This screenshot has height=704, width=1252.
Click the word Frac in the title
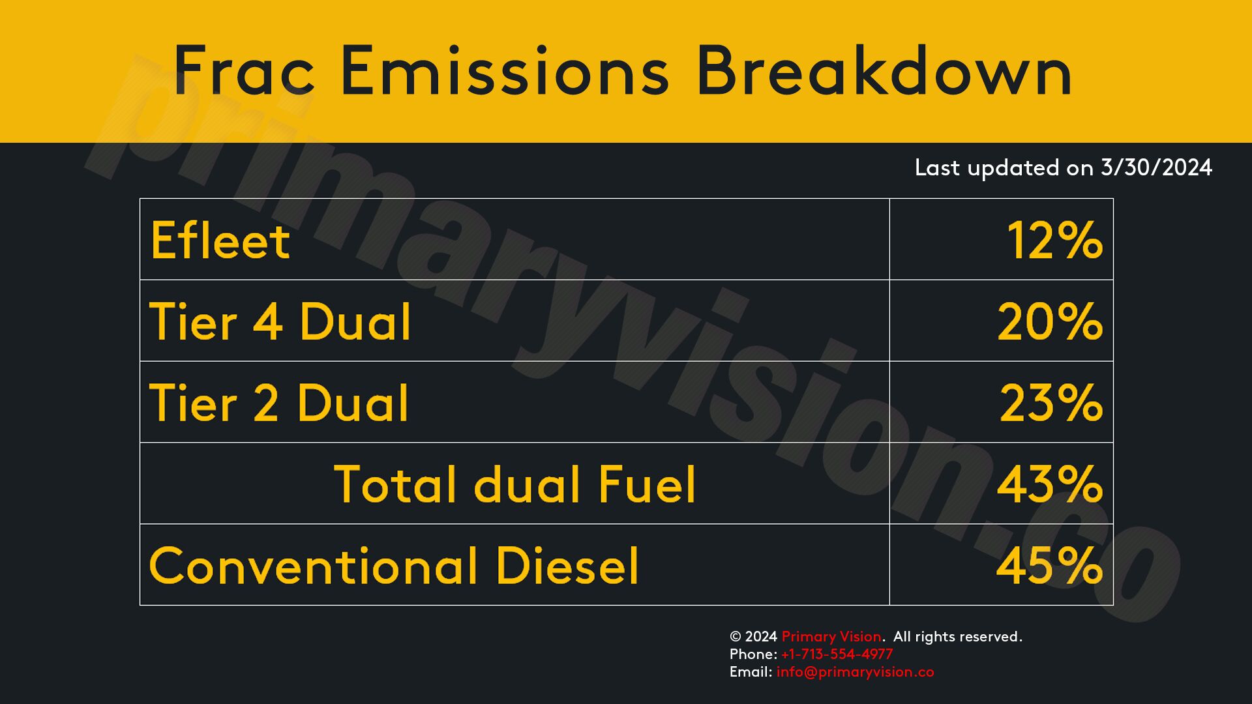pyautogui.click(x=245, y=70)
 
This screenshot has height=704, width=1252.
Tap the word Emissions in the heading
pyautogui.click(x=505, y=70)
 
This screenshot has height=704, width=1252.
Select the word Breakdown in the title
pyautogui.click(x=884, y=70)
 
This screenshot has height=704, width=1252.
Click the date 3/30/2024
pyautogui.click(x=1156, y=168)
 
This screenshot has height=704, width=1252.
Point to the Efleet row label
pyautogui.click(x=220, y=240)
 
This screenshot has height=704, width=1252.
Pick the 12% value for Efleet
pyautogui.click(x=1055, y=240)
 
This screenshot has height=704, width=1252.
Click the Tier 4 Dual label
pyautogui.click(x=280, y=321)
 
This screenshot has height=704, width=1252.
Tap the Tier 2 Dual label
pyautogui.click(x=279, y=402)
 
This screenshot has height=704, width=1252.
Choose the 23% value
pyautogui.click(x=1051, y=402)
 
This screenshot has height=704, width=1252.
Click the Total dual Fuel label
pyautogui.click(x=514, y=484)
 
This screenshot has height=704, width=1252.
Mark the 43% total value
pyautogui.click(x=1050, y=484)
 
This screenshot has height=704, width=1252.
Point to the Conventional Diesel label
pyautogui.click(x=394, y=565)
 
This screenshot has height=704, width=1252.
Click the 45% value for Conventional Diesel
pyautogui.click(x=1050, y=565)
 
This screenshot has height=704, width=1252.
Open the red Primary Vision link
pyautogui.click(x=831, y=637)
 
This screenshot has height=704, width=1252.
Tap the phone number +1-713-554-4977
pyautogui.click(x=837, y=654)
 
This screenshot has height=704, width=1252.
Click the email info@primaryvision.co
pyautogui.click(x=855, y=672)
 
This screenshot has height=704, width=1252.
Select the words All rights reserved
pyautogui.click(x=957, y=636)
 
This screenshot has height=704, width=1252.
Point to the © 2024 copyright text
pyautogui.click(x=753, y=637)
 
